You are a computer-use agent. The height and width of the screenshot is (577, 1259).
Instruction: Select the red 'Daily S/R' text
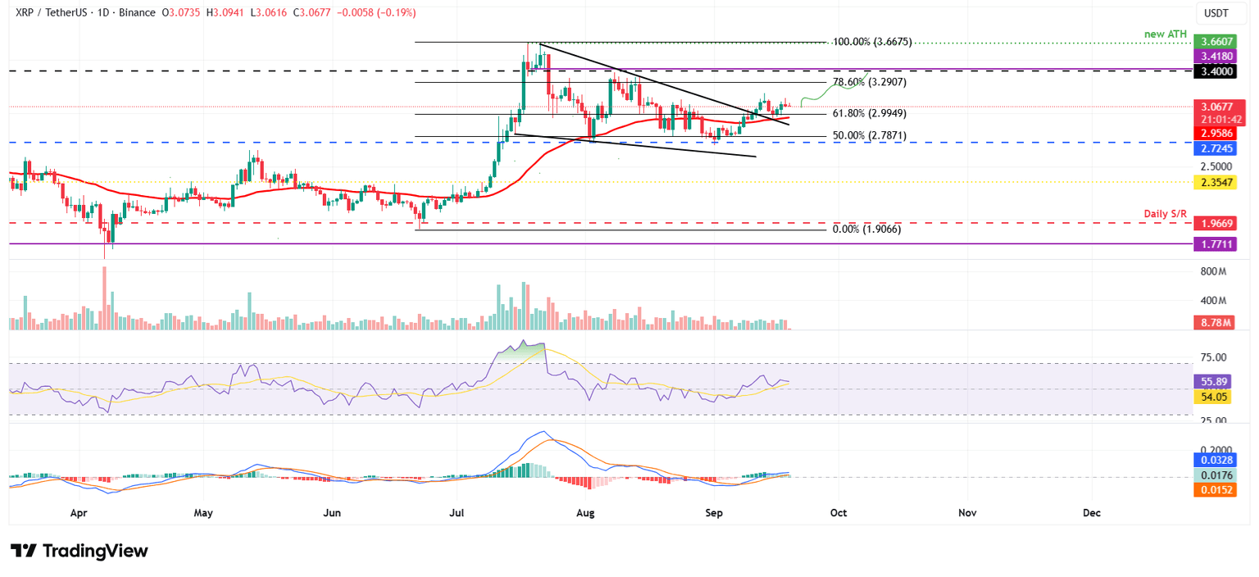pyautogui.click(x=1165, y=214)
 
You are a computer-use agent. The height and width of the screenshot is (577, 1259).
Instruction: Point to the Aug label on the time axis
pyautogui.click(x=585, y=513)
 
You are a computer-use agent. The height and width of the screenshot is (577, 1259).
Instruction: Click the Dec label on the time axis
pyautogui.click(x=1091, y=513)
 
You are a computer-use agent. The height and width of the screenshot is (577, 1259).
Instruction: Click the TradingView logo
pyautogui.click(x=80, y=551)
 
